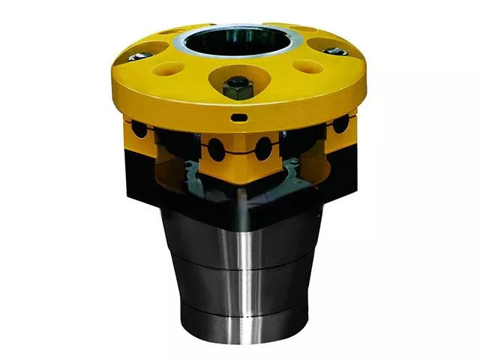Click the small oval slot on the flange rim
238,118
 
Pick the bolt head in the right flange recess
335,52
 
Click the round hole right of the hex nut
307,67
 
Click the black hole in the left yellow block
139,129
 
